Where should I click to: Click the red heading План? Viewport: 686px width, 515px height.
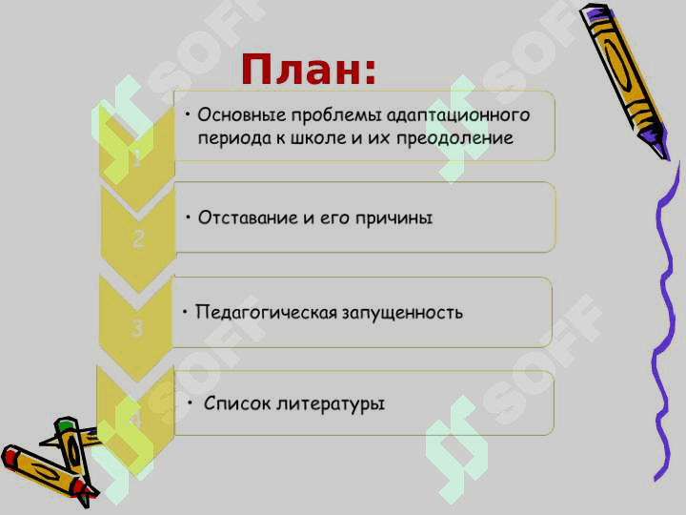tap(309, 69)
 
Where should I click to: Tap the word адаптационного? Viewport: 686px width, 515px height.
tap(458, 115)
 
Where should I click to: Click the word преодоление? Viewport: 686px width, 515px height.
tap(455, 139)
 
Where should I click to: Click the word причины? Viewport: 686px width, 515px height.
tap(393, 218)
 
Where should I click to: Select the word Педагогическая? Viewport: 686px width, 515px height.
tap(266, 313)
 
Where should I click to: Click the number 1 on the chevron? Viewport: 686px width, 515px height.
tap(137, 157)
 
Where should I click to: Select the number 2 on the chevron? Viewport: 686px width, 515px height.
tap(138, 239)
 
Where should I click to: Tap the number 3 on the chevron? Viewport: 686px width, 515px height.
tap(137, 328)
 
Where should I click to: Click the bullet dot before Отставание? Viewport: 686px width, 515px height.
tap(188, 216)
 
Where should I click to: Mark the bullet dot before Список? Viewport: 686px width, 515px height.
tap(191, 402)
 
